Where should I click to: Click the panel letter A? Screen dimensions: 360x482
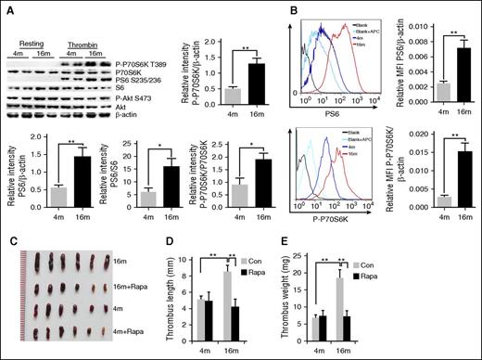[x=7, y=8]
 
